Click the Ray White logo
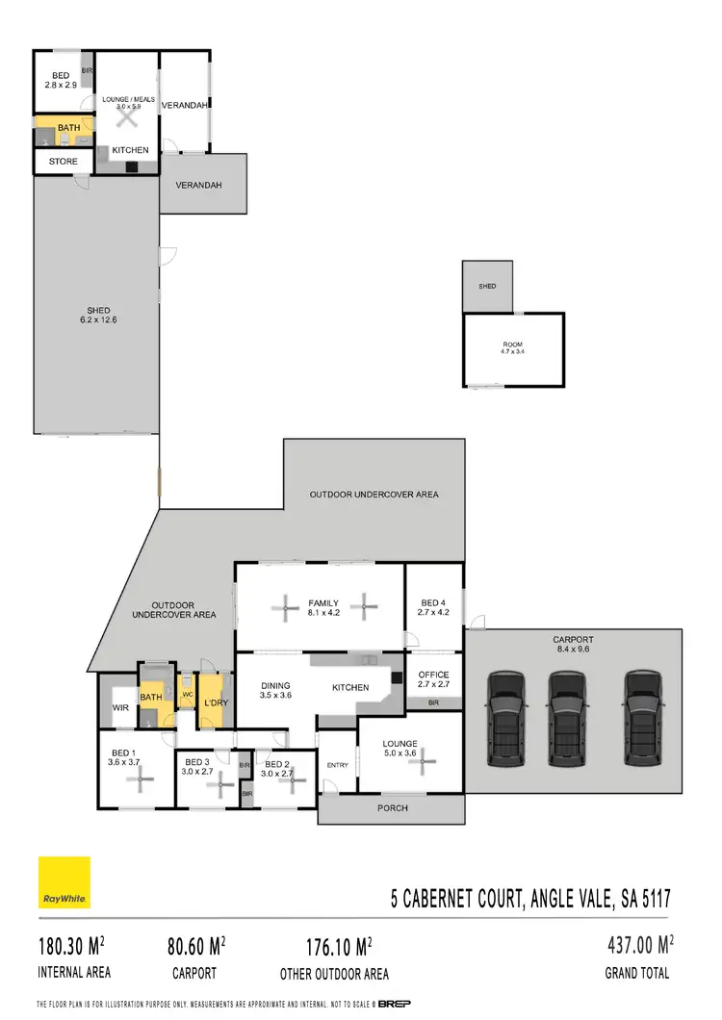(x=64, y=882)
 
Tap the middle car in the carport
(x=567, y=719)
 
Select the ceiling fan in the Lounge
(x=421, y=763)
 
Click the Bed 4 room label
(x=433, y=607)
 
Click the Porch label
(x=392, y=807)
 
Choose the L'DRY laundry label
(x=214, y=703)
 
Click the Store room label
(x=63, y=162)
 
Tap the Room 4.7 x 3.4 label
(x=512, y=347)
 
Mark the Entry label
(x=337, y=765)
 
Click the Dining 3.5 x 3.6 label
(x=276, y=691)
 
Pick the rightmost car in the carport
(x=642, y=719)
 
